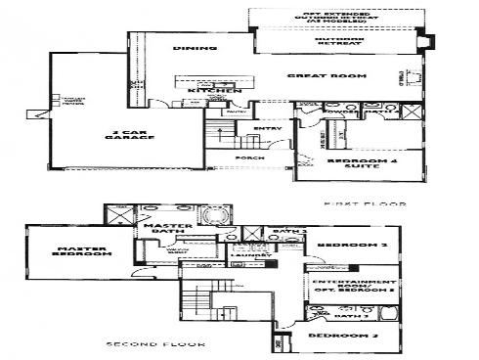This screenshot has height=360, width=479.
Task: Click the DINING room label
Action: (187, 48)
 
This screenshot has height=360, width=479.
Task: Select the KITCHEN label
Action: (213, 91)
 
